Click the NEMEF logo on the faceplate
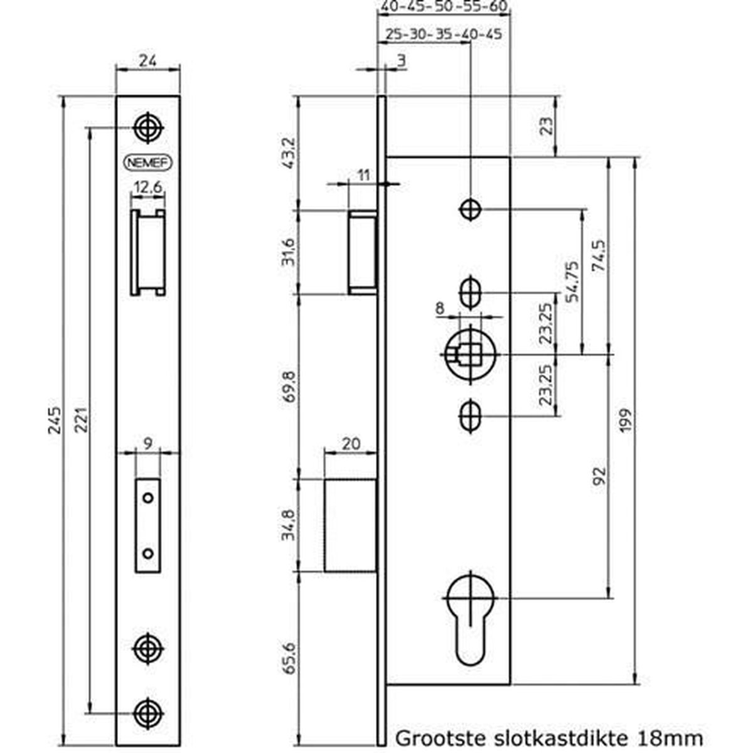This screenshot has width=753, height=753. [148, 163]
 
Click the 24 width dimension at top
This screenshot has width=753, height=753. [147, 60]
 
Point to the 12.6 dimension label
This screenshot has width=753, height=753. [148, 187]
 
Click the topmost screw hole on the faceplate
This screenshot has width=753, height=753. [148, 128]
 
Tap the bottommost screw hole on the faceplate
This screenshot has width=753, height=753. [148, 712]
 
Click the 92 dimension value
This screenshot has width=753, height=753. [599, 476]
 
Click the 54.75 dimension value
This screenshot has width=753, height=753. [572, 281]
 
